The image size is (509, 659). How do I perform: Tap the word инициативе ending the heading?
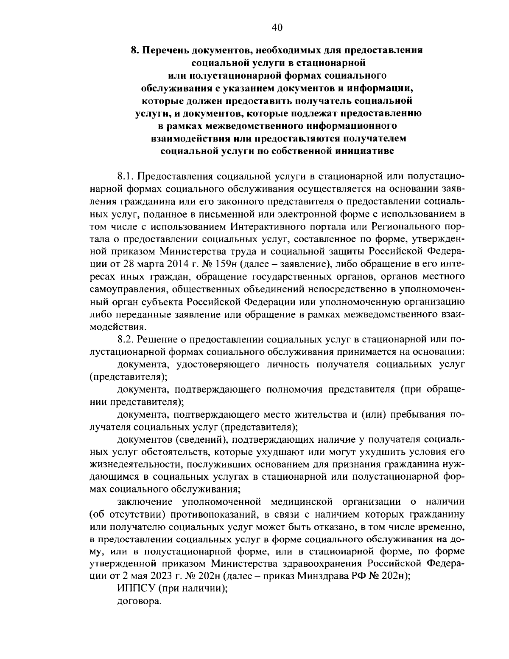click(367, 151)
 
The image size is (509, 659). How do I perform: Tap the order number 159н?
click(221, 264)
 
